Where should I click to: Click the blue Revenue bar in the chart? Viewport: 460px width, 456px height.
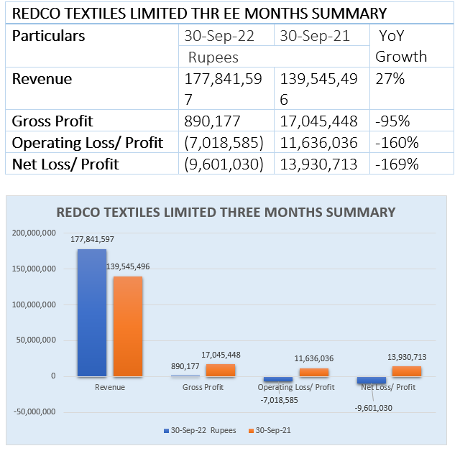coord(91,312)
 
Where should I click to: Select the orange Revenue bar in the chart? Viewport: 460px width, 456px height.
coord(126,326)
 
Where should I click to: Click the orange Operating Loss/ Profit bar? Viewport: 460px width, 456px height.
coord(313,372)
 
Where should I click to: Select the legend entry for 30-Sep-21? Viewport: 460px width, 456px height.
coord(270,431)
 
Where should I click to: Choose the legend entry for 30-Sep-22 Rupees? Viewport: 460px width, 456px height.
coord(198,431)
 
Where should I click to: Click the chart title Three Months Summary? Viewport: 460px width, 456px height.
coord(226,212)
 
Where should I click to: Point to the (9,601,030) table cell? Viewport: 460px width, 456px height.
coord(226,164)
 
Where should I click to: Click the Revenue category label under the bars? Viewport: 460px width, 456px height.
coord(109,387)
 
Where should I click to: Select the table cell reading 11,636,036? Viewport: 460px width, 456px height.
coord(319,142)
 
